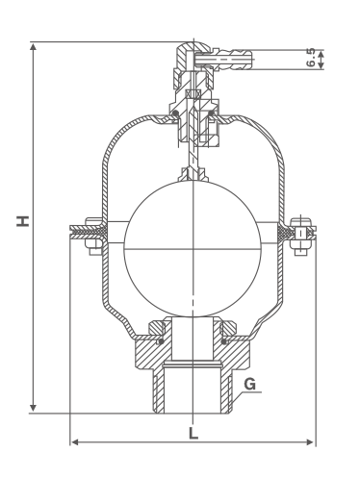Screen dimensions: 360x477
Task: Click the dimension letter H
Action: click(23, 221)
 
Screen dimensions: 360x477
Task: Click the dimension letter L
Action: click(193, 434)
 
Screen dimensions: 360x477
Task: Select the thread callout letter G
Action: click(250, 384)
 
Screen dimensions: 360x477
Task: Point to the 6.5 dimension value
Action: click(311, 58)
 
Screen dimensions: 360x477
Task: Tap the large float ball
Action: click(193, 249)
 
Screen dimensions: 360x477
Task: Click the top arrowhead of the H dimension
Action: click(33, 47)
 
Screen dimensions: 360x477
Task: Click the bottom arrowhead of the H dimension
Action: click(33, 408)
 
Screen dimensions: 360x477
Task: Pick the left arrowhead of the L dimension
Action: click(75, 442)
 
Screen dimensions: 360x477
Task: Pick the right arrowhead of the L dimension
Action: click(310, 442)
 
